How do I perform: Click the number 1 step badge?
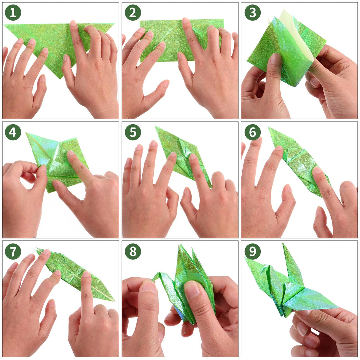coord(13,12)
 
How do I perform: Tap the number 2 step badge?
coord(133,12)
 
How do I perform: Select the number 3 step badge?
coord(252,12)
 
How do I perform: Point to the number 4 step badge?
coord(13,132)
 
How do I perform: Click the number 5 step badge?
coord(133,132)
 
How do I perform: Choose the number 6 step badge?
coord(252,132)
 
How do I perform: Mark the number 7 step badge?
coord(13,252)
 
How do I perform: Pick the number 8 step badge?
coord(133,252)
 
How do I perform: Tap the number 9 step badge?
coord(252,252)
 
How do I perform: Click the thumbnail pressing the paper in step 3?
coord(275,59)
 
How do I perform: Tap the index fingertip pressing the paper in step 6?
coord(317,170)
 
